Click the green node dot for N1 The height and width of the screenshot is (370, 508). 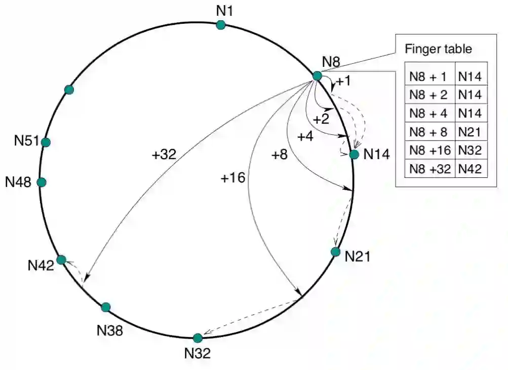221,25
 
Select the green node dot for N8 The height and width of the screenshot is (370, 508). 317,76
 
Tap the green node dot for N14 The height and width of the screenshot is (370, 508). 354,154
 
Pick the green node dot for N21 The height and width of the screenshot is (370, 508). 335,251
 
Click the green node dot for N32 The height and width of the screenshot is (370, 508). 198,338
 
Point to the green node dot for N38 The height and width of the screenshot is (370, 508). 106,307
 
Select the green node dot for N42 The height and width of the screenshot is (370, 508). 61,260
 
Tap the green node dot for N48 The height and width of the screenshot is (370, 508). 42,182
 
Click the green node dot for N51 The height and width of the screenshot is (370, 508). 46,142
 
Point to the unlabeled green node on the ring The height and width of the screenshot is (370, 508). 69,90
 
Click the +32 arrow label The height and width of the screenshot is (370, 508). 164,155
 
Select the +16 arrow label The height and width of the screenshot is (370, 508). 233,177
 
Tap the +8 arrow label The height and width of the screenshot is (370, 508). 280,155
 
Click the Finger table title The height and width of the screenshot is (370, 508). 439,49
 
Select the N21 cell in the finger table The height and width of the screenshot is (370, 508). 471,132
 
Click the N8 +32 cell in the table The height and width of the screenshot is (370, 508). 430,169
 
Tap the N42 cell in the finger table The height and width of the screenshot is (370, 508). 471,169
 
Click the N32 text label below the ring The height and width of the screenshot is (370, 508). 197,353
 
